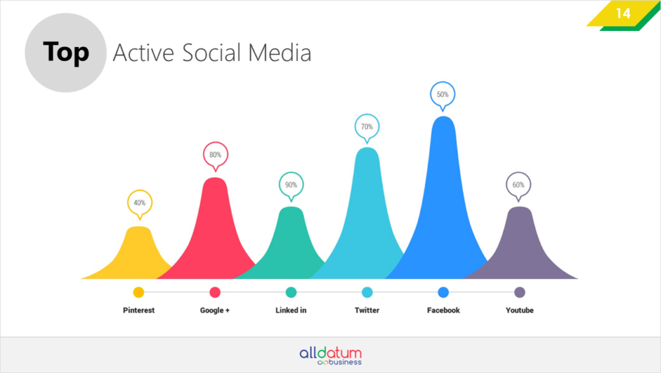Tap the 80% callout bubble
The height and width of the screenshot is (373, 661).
coord(215,156)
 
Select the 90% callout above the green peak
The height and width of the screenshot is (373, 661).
coord(291,186)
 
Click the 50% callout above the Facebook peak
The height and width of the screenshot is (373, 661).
coord(442,95)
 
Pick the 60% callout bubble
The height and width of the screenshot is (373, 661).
coord(518,186)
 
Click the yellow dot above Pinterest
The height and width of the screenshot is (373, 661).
coord(139,292)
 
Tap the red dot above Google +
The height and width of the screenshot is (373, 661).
coord(215,292)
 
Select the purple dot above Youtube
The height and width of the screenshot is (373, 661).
coord(520,292)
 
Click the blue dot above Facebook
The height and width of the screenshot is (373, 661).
coord(444,292)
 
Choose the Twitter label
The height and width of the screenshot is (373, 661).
coord(366,310)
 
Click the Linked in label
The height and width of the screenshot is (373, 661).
coord(291,310)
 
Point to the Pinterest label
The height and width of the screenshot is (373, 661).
coord(139,310)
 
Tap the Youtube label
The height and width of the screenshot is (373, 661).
coord(520,310)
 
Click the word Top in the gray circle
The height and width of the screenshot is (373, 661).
coord(66,52)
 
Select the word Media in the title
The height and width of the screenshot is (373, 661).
coord(279,53)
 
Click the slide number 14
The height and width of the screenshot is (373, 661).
coord(623,13)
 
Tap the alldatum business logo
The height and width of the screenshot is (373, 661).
coord(331,356)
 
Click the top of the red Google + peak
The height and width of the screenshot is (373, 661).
coord(215,179)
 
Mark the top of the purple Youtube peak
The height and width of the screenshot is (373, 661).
coord(519,208)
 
